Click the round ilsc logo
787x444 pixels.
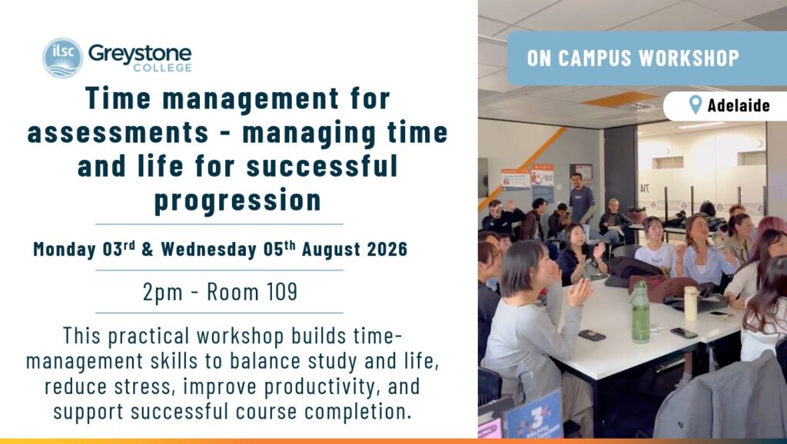pos(62,58)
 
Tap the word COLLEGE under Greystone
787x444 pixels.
pos(162,68)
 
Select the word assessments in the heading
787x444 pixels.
pos(118,132)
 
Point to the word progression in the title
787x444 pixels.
pos(237,200)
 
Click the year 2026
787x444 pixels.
pos(387,250)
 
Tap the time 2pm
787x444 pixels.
pos(163,292)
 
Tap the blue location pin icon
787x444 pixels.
pos(695,104)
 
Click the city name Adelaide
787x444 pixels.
pos(739,105)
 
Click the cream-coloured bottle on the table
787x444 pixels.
pos(691,303)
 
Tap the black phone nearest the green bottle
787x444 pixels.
pos(591,335)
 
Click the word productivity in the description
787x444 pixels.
pos(322,387)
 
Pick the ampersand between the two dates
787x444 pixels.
pos(148,250)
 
